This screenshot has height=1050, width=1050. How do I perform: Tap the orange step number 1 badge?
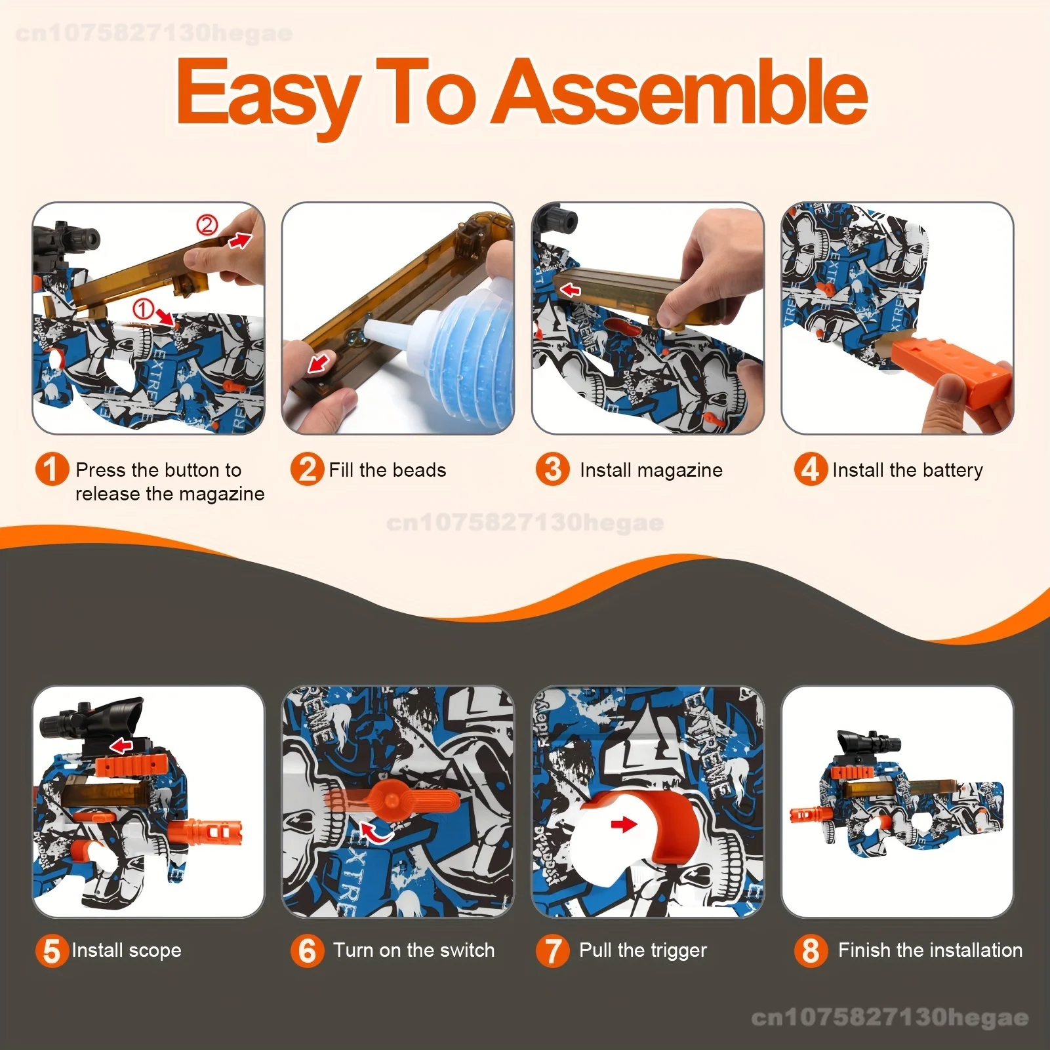[52, 469]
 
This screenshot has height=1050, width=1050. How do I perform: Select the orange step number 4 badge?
[811, 469]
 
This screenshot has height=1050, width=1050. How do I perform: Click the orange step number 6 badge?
[308, 950]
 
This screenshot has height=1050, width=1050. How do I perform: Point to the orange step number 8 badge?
[811, 950]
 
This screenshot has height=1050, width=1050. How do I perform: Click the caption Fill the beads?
[388, 470]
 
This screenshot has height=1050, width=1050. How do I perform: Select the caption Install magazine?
[651, 470]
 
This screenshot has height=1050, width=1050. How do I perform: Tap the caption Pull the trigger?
[643, 950]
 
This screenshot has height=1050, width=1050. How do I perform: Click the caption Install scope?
[127, 950]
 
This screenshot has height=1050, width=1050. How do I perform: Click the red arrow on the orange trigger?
[624, 824]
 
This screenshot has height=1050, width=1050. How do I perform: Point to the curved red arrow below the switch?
[376, 834]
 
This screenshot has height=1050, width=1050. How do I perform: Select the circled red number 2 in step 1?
[207, 226]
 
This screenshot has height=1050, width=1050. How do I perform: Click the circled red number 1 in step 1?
[144, 308]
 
